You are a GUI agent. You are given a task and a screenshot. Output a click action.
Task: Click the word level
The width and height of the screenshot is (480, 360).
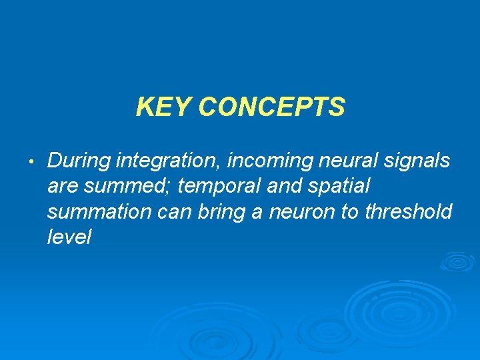(x=69, y=237)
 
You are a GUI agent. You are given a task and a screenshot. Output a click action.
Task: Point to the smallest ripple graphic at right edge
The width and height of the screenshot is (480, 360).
(x=457, y=261)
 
